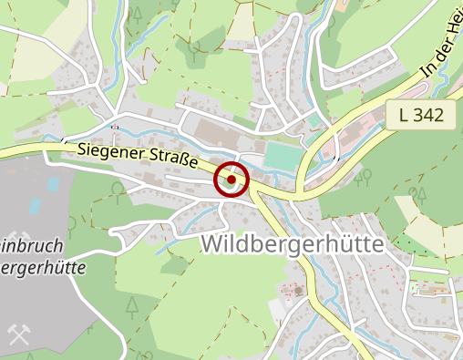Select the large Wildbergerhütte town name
(x=293, y=244)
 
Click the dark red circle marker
(x=231, y=179)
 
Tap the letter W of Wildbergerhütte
(x=212, y=244)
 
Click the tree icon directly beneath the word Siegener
(x=117, y=189)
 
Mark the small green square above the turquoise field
(x=314, y=119)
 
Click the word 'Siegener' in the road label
(x=110, y=150)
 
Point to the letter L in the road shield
(x=404, y=116)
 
